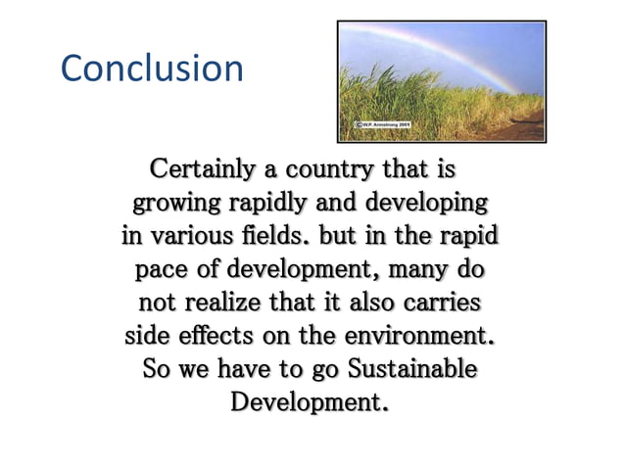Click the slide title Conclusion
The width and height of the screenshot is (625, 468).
[x=152, y=69]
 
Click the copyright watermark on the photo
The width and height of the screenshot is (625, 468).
[x=381, y=125]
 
